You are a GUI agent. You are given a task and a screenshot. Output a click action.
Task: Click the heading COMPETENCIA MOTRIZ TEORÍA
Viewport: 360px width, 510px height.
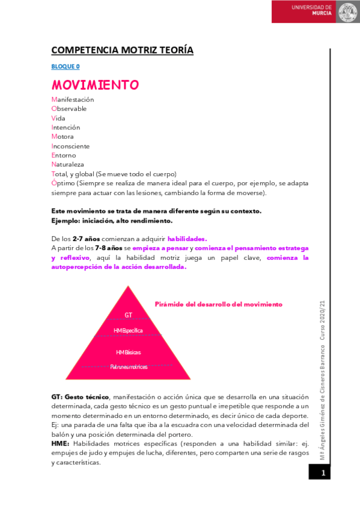click(x=122, y=50)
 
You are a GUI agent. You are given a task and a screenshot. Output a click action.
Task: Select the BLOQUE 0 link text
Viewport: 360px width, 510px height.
click(x=66, y=67)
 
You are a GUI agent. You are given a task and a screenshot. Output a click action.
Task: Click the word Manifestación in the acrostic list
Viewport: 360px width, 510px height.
click(x=73, y=99)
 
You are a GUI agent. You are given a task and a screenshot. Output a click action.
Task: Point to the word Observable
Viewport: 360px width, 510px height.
click(x=69, y=109)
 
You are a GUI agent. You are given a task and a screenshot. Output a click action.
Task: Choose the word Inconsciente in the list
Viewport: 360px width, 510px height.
click(x=70, y=146)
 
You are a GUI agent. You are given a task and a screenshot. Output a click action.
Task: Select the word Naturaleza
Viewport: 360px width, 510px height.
click(x=68, y=164)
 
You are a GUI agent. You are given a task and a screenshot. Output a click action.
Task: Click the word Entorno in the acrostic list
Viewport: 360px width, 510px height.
click(x=66, y=155)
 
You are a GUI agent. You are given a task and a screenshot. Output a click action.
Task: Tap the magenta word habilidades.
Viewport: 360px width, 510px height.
click(x=187, y=238)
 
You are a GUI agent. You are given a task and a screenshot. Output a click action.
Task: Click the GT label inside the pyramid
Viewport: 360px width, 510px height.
click(x=128, y=315)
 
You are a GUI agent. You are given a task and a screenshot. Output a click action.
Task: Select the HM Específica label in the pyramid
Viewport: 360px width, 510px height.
click(x=128, y=330)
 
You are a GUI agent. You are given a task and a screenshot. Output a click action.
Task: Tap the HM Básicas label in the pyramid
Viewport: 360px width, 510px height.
click(x=128, y=352)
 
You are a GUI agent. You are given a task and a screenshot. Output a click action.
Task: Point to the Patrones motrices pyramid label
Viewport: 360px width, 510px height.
click(x=128, y=366)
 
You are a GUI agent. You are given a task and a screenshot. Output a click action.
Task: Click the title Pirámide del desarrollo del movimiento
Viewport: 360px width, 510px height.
click(x=218, y=304)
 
